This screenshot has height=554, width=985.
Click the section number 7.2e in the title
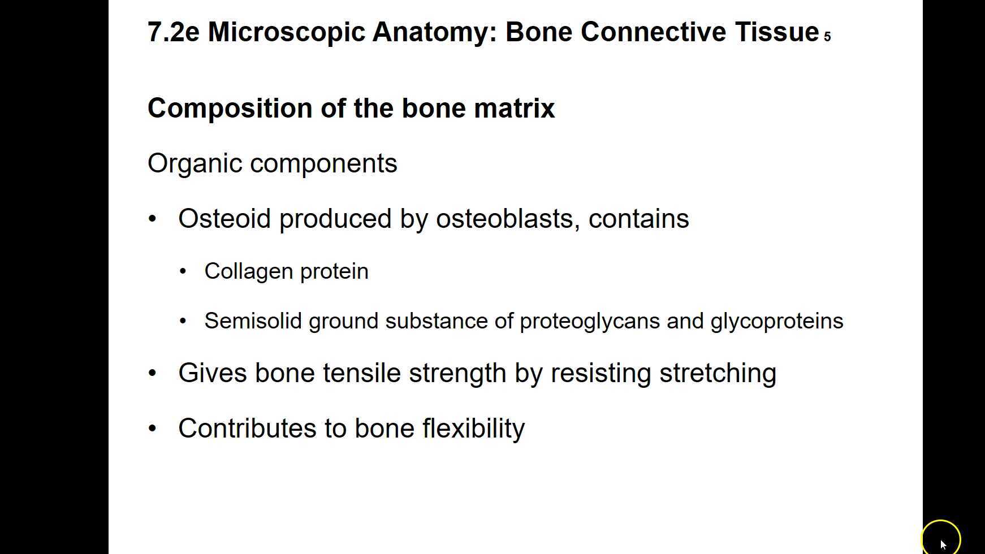(x=173, y=32)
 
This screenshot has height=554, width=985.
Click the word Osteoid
(x=224, y=219)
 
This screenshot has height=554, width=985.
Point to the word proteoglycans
(x=589, y=321)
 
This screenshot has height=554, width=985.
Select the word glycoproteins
(x=776, y=321)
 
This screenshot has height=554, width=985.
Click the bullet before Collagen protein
(x=183, y=272)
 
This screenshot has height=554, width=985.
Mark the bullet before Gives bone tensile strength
(x=152, y=373)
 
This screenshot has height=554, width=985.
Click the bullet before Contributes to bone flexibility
(x=152, y=429)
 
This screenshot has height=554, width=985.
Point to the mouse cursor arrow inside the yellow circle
(x=943, y=544)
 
